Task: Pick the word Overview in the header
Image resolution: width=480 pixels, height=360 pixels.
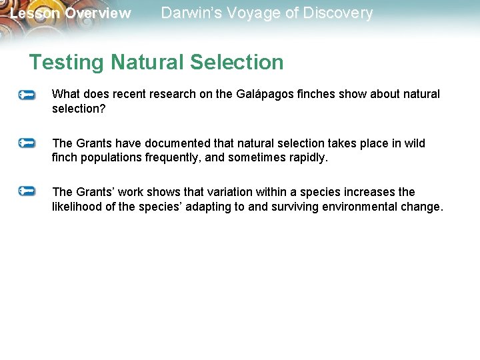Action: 99,13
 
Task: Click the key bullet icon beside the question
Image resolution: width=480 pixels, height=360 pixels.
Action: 27,95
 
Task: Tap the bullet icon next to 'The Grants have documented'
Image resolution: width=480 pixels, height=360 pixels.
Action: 27,143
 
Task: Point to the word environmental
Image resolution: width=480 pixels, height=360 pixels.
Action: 362,207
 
